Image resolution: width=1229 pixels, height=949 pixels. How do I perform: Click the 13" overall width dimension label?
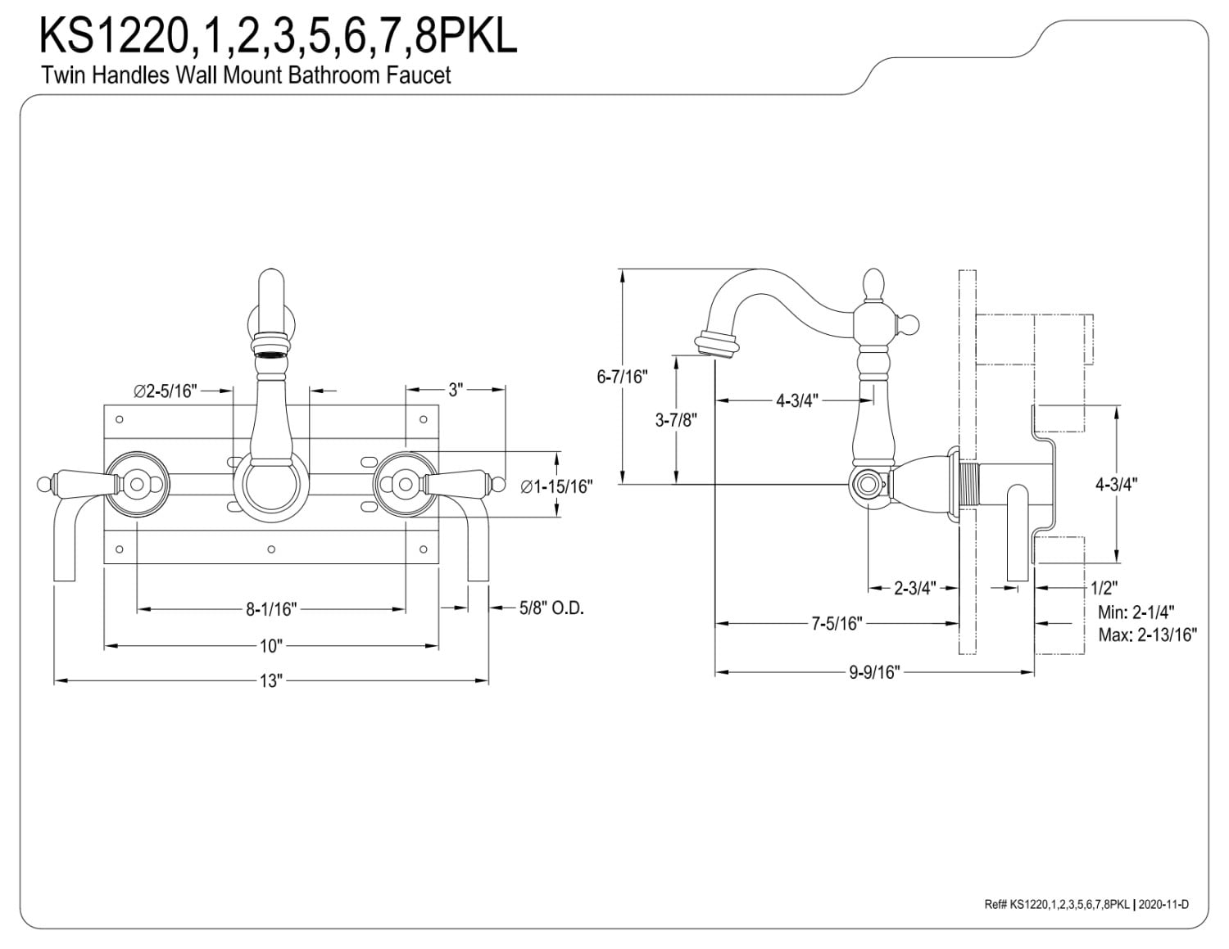pyautogui.click(x=271, y=680)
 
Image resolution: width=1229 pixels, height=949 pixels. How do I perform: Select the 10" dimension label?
pyautogui.click(x=271, y=645)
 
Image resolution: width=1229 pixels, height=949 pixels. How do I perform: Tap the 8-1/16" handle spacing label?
pyautogui.click(x=271, y=609)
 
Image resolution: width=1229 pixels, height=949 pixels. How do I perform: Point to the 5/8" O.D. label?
pyautogui.click(x=551, y=608)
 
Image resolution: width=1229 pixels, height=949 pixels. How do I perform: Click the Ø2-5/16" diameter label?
pyautogui.click(x=166, y=391)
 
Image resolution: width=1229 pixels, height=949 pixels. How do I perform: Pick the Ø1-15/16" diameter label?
pyautogui.click(x=556, y=486)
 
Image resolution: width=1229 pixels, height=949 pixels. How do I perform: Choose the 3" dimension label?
pyautogui.click(x=456, y=390)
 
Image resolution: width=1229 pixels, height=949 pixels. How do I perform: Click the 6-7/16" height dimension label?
pyautogui.click(x=622, y=377)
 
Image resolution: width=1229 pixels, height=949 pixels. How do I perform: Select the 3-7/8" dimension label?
pyautogui.click(x=676, y=420)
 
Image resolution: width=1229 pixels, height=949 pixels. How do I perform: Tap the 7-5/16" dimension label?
pyautogui.click(x=837, y=623)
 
